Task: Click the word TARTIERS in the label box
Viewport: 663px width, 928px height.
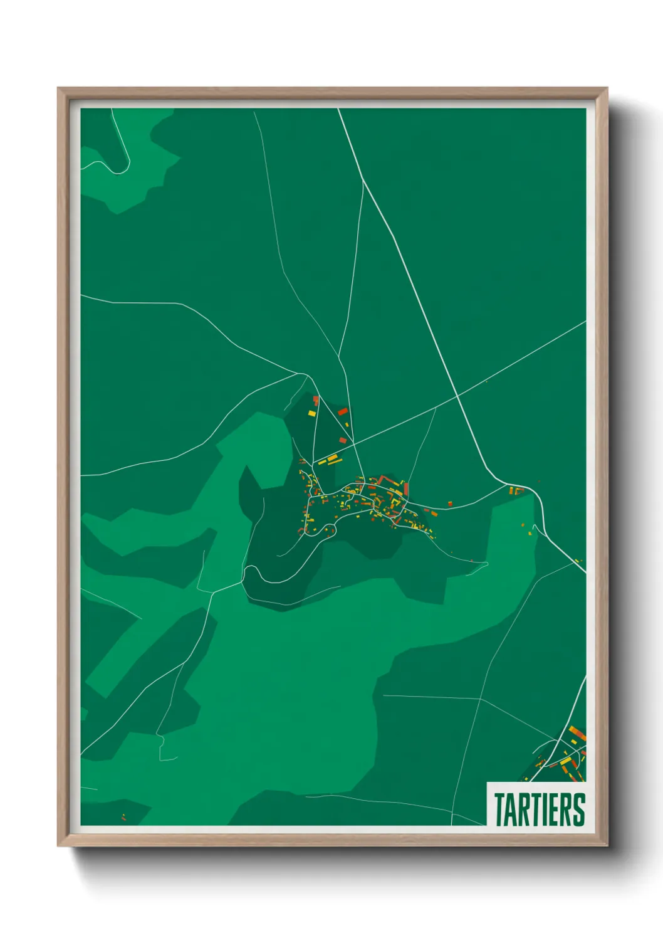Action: pyautogui.click(x=539, y=809)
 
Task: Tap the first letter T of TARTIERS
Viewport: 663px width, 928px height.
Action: pyautogui.click(x=500, y=809)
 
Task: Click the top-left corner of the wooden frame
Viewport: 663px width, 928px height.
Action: pyautogui.click(x=59, y=89)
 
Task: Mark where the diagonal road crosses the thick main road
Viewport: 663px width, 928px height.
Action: pyautogui.click(x=458, y=395)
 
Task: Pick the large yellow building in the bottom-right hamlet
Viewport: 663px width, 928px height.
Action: pyautogui.click(x=565, y=761)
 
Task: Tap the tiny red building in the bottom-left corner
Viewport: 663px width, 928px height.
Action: pyautogui.click(x=123, y=816)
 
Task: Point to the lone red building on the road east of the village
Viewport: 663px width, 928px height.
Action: pyautogui.click(x=450, y=503)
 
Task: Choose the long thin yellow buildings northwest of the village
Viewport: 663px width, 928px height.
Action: pyautogui.click(x=328, y=461)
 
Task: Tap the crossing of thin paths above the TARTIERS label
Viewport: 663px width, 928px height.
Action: pyautogui.click(x=480, y=698)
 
